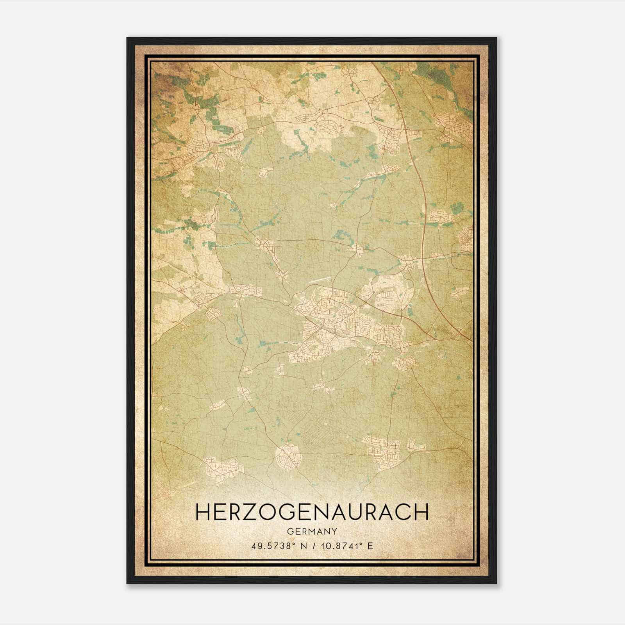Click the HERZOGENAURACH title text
click(312, 512)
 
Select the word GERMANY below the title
click(312, 532)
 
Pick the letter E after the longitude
click(370, 546)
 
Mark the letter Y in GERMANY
click(334, 532)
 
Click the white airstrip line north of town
click(319, 280)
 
